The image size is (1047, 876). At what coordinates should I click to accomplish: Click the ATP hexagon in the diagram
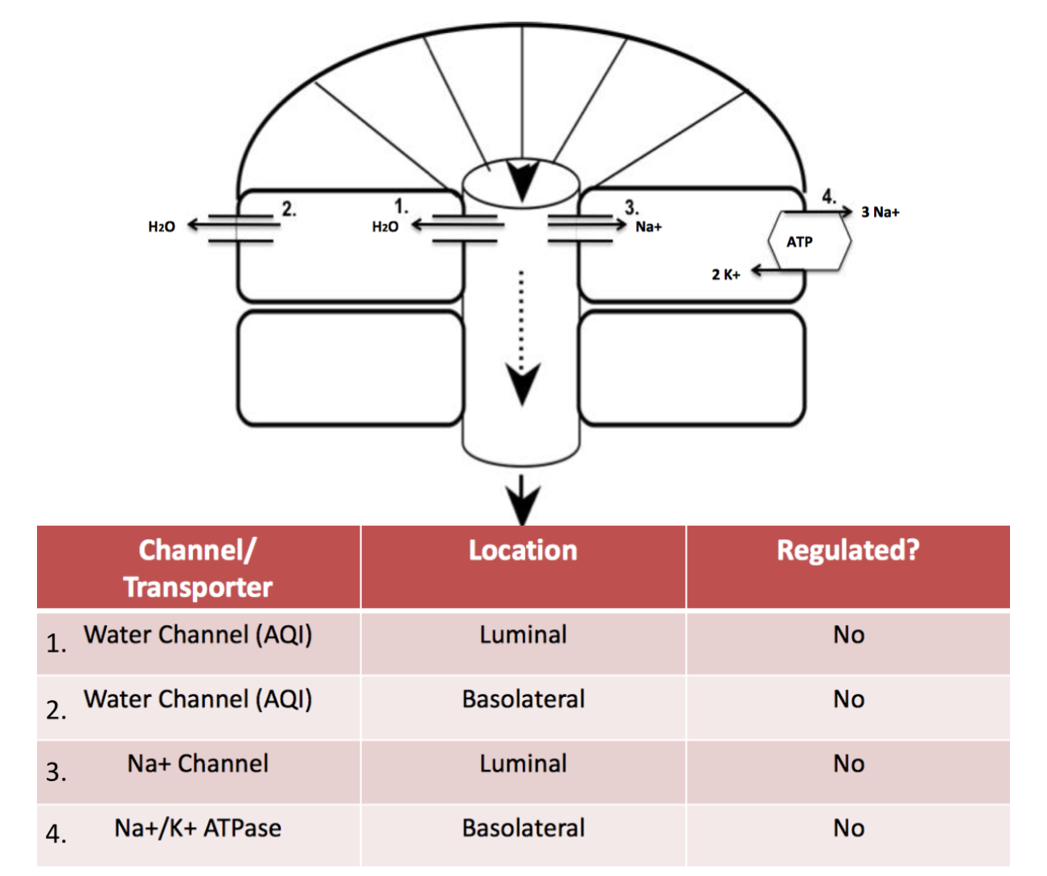[x=807, y=241]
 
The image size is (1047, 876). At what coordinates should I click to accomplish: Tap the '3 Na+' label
[x=880, y=212]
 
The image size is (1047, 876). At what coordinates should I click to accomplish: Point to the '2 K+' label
[x=725, y=274]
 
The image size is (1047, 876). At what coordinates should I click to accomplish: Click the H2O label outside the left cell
[x=161, y=227]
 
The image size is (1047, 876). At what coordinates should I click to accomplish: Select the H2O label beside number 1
[x=384, y=227]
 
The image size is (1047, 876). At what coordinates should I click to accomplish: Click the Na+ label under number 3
[x=648, y=227]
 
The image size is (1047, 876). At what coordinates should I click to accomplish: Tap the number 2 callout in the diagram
[x=289, y=209]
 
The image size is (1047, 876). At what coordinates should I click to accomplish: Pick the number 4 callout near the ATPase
[x=828, y=195]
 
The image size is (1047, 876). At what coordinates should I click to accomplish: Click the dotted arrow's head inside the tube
[x=523, y=383]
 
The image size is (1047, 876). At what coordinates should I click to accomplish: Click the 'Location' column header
[x=523, y=551]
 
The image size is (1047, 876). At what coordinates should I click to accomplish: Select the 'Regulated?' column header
[x=848, y=551]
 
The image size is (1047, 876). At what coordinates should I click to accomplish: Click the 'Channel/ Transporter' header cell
[x=198, y=568]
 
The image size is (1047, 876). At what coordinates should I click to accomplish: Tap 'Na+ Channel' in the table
[x=198, y=763]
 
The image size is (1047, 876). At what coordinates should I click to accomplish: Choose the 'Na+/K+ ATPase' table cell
[x=198, y=828]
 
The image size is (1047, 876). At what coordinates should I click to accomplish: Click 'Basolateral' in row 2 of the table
[x=523, y=699]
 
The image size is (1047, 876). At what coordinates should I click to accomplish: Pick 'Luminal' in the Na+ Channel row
[x=523, y=763]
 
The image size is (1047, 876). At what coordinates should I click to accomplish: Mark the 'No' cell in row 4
[x=848, y=828]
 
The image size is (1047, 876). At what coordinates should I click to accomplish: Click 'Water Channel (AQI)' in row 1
[x=198, y=635]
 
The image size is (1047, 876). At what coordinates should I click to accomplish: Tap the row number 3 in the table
[x=56, y=772]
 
